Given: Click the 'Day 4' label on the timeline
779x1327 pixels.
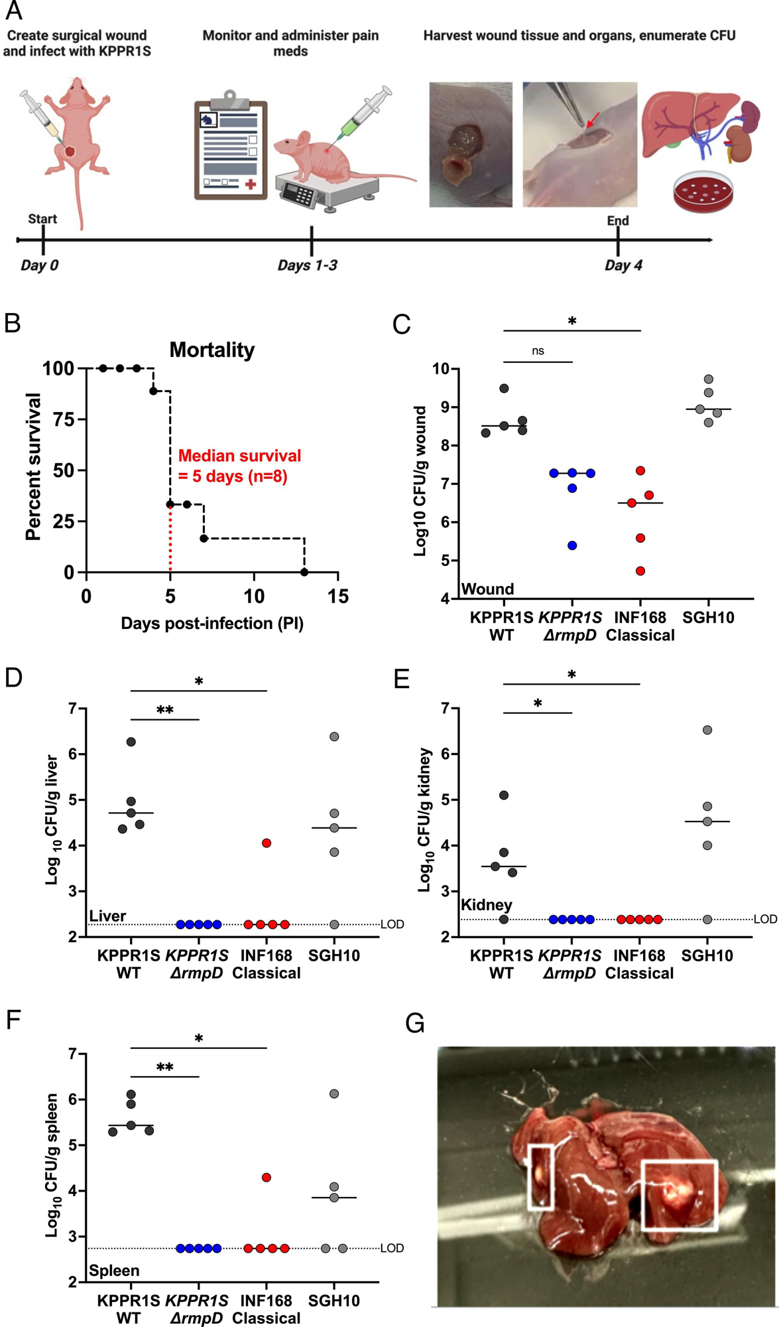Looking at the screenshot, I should (x=623, y=265).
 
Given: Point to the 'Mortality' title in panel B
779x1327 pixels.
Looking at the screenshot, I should (x=212, y=350).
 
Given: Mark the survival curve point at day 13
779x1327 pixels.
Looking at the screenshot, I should (x=304, y=572).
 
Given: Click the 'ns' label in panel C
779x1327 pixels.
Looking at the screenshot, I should (x=538, y=351).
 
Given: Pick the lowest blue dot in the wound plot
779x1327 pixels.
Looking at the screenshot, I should (x=572, y=545).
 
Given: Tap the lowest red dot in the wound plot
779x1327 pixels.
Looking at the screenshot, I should (x=640, y=571).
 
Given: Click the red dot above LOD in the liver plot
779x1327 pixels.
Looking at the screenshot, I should (x=267, y=843).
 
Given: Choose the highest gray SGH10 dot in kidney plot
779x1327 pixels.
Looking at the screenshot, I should (x=707, y=730).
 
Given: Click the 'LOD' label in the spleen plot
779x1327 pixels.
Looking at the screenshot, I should (x=392, y=1248).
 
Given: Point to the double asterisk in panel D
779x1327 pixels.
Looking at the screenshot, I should (x=164, y=711).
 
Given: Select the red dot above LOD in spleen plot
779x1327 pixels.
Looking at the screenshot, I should (x=267, y=1177).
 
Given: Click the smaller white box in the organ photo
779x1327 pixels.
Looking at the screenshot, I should (x=540, y=1176).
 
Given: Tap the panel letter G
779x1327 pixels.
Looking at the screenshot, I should (x=415, y=1024).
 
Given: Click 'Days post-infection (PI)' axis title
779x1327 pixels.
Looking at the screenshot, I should (x=212, y=624).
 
